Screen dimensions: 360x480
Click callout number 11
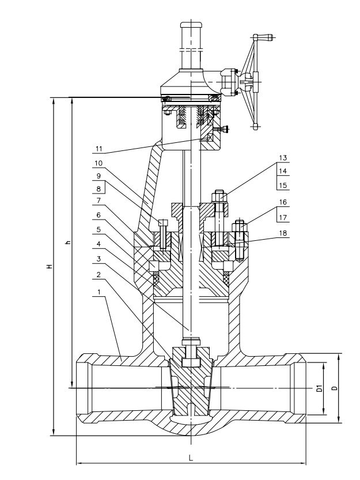pyautogui.click(x=98, y=149)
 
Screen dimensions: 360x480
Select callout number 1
pyautogui.click(x=99, y=292)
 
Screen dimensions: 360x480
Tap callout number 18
pyautogui.click(x=283, y=233)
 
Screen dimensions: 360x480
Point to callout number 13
pyautogui.click(x=283, y=158)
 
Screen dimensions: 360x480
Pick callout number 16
pyautogui.click(x=283, y=202)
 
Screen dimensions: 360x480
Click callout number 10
pyautogui.click(x=98, y=163)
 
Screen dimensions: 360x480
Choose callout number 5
pyautogui.click(x=98, y=229)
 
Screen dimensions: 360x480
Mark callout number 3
pyautogui.click(x=98, y=259)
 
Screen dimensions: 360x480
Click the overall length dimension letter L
pyautogui.click(x=191, y=458)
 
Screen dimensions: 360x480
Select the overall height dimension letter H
pyautogui.click(x=50, y=266)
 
